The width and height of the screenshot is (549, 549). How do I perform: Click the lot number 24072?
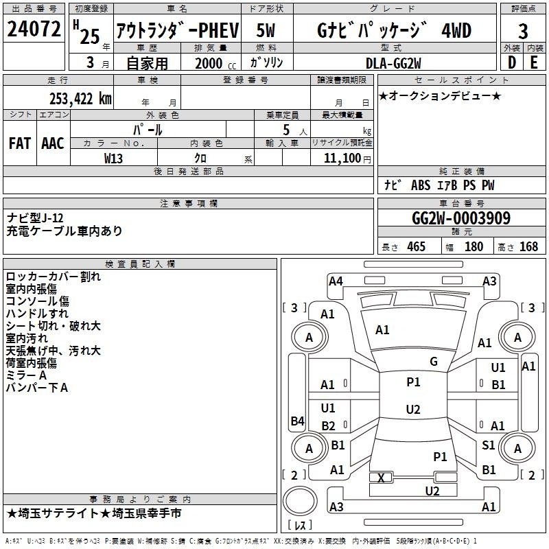(34, 29)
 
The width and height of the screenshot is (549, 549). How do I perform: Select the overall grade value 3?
(523, 31)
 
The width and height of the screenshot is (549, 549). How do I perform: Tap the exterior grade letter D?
(512, 62)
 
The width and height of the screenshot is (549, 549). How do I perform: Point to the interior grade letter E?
(534, 62)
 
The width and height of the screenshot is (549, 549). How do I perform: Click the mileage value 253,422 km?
(80, 99)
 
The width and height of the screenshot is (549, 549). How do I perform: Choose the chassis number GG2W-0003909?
(461, 218)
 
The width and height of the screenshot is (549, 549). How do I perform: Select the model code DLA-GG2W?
(393, 63)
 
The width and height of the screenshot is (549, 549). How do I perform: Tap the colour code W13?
(113, 159)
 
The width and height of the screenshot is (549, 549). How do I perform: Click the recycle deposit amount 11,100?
(342, 158)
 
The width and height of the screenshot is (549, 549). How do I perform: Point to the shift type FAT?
(20, 143)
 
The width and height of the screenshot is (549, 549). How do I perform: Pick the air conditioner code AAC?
(53, 143)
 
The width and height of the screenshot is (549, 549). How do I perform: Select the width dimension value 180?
(474, 246)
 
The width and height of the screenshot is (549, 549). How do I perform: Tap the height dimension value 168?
(528, 246)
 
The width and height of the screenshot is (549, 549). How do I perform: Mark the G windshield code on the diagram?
(434, 361)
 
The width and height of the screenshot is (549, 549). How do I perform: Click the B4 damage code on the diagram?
(297, 421)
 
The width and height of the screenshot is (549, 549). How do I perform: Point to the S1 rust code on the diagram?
(488, 445)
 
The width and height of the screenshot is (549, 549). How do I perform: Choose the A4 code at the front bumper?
(336, 281)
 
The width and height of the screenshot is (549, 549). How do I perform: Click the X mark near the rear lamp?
(381, 478)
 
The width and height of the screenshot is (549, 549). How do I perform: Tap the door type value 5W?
(266, 30)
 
